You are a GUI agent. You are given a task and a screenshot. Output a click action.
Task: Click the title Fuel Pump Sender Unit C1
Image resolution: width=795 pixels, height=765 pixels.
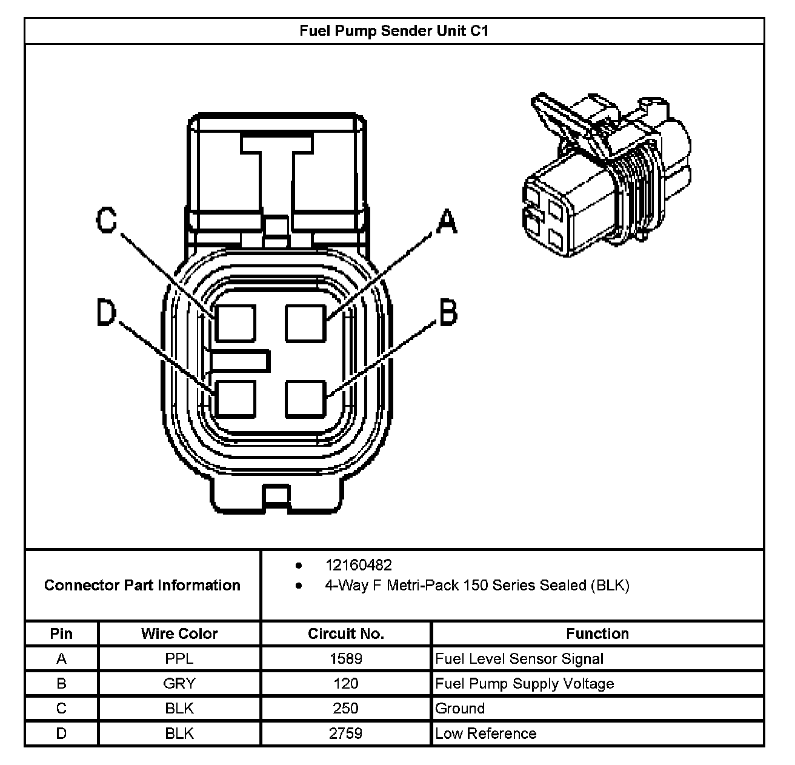click(x=394, y=30)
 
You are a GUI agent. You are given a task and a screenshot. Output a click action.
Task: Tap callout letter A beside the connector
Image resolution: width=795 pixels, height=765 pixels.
click(x=447, y=222)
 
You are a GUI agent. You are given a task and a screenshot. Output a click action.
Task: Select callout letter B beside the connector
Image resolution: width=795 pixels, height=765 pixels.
click(x=447, y=312)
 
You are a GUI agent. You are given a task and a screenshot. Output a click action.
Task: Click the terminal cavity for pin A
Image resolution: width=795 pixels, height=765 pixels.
click(x=306, y=323)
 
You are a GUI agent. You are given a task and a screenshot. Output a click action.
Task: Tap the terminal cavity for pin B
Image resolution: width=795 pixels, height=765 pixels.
click(x=306, y=398)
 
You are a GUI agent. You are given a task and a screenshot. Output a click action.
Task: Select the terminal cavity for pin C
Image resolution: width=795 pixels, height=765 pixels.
click(x=236, y=323)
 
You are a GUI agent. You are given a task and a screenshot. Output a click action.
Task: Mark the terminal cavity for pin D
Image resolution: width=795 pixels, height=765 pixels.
click(x=236, y=398)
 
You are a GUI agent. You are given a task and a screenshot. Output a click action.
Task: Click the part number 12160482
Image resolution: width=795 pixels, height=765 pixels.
click(x=359, y=565)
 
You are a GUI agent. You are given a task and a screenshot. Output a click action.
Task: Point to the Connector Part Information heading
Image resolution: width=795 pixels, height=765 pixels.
click(x=142, y=585)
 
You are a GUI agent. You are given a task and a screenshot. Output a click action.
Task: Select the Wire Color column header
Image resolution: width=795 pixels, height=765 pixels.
click(x=179, y=633)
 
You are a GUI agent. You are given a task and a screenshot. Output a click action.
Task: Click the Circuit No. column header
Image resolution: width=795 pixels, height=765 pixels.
click(x=346, y=633)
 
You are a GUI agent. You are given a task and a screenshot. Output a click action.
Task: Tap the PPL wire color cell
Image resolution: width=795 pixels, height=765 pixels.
click(x=179, y=658)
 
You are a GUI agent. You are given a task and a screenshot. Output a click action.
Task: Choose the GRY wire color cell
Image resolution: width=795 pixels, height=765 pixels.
click(x=179, y=684)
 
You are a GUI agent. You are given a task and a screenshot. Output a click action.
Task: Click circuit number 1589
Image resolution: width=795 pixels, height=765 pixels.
click(x=346, y=658)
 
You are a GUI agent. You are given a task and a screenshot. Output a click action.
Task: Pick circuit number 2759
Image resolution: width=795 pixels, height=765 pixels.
click(x=346, y=733)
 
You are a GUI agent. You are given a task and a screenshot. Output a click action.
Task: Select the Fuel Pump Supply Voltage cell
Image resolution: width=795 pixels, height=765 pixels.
click(x=525, y=684)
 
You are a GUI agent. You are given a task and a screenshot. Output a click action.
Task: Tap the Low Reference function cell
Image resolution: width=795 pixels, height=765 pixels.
click(x=486, y=733)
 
